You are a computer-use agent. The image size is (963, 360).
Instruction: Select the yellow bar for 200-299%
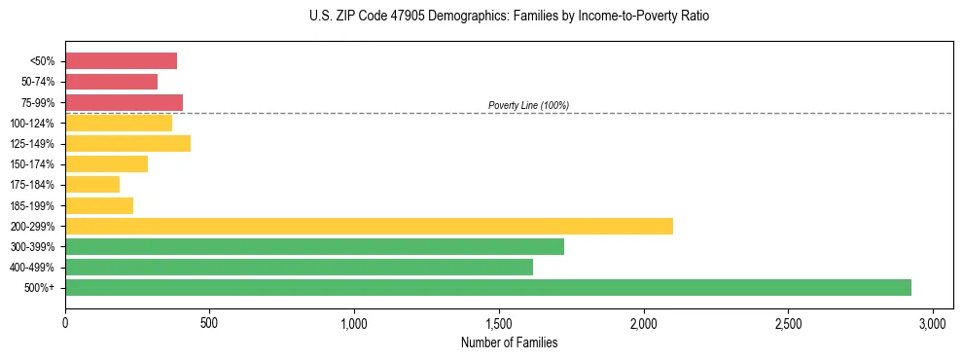coord(369,226)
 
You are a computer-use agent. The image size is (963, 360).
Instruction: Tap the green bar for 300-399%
coord(314,246)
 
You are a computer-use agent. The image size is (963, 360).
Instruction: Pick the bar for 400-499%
coord(299,267)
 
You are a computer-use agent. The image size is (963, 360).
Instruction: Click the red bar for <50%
coord(121,61)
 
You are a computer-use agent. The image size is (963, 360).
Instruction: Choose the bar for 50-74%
coord(111,82)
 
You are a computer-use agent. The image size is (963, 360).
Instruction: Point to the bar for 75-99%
coord(124,102)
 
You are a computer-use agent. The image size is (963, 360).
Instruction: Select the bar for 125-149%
coord(127,143)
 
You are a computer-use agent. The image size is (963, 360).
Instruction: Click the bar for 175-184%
coord(92,184)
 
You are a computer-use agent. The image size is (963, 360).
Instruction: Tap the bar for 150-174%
coord(106,163)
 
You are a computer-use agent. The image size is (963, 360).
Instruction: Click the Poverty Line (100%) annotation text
coord(528,105)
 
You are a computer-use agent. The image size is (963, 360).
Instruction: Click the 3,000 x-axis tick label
coord(933,322)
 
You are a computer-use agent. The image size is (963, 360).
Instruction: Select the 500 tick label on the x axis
coord(209,322)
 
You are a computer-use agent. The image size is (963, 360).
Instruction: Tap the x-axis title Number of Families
coord(509,342)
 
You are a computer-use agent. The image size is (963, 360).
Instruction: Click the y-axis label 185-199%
coord(32,205)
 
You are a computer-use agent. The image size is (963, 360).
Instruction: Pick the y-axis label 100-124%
coord(32,123)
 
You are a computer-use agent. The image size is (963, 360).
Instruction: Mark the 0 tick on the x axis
coord(65,322)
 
